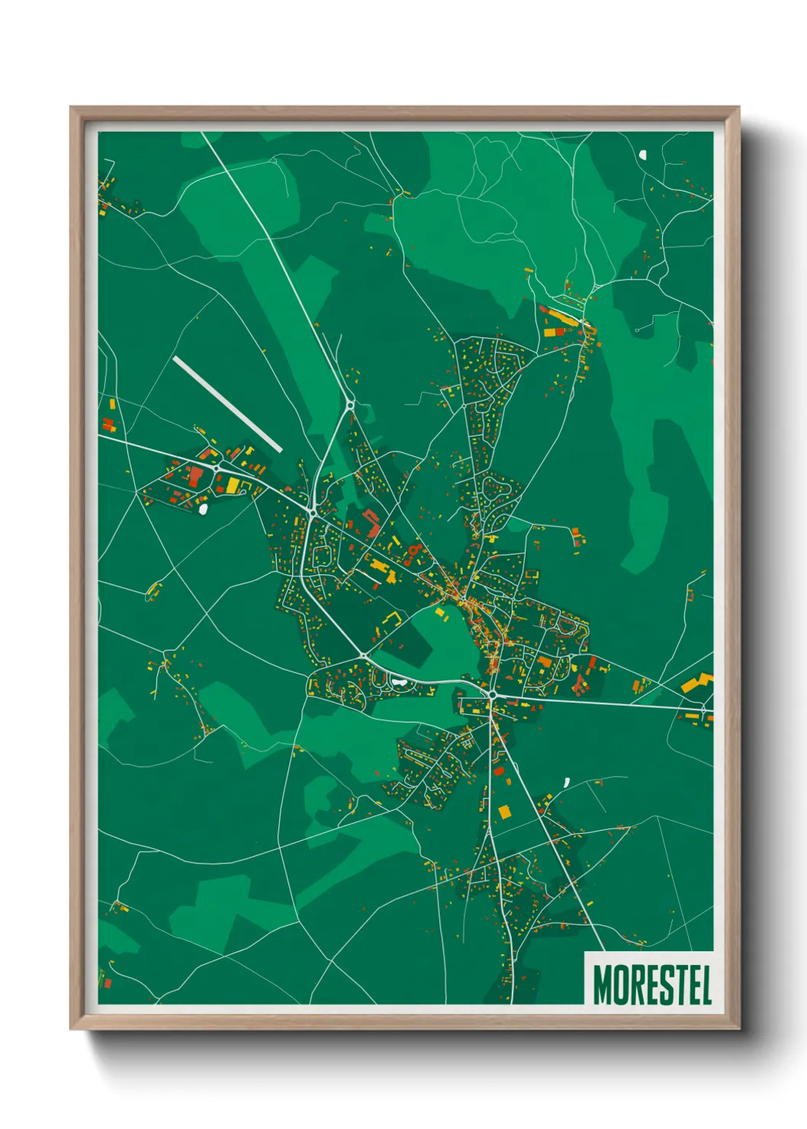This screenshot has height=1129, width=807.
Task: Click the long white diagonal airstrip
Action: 227,404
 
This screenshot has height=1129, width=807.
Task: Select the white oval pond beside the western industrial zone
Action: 204,509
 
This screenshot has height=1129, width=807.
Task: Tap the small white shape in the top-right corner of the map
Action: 642,154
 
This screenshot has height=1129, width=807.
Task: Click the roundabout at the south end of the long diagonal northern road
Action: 350,404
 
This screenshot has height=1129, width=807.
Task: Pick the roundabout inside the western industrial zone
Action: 218,467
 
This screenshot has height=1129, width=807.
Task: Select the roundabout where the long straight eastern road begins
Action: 494,695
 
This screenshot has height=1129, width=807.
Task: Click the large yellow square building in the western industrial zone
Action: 231,484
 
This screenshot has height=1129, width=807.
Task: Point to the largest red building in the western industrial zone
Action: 196,477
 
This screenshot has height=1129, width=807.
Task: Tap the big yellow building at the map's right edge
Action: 696,682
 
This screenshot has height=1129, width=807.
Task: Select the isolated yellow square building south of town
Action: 503,811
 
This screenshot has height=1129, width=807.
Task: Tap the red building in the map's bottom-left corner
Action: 107,983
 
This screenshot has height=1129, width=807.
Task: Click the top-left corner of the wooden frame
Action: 71,108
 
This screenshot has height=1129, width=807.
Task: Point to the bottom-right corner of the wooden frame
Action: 738,1029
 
